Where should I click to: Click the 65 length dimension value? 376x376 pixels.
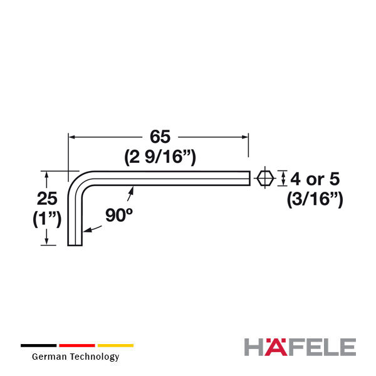tap(160, 137)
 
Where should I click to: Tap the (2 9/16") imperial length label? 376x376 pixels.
tap(160, 157)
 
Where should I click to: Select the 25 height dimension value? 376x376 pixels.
tap(47, 198)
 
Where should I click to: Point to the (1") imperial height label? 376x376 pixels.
tap(47, 219)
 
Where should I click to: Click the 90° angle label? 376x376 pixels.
tap(118, 214)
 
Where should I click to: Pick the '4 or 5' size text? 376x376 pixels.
tap(315, 179)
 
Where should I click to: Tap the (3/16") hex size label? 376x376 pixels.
tap(315, 199)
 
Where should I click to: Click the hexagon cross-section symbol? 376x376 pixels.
tap(265, 178)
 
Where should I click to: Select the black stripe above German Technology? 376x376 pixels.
tap(39, 345)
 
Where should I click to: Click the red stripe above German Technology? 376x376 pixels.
tap(77, 345)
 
